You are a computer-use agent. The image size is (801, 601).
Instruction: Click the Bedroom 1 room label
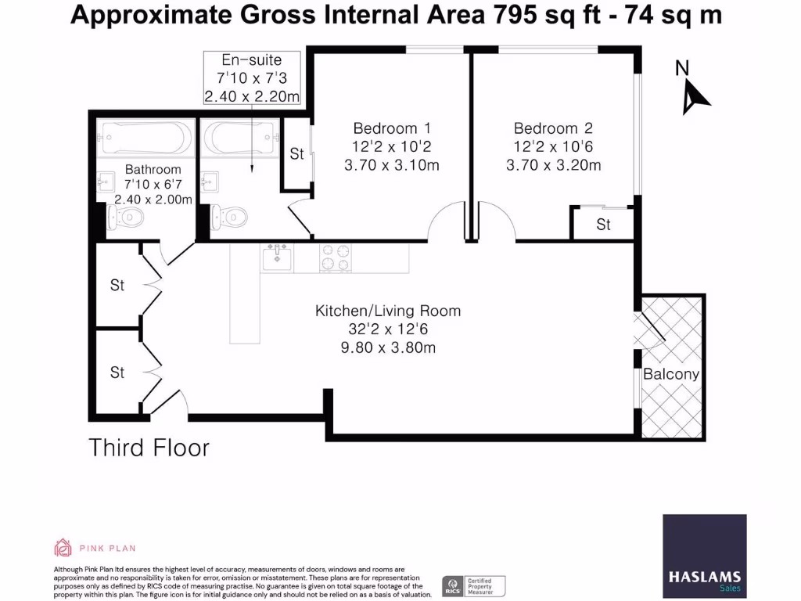pyautogui.click(x=392, y=128)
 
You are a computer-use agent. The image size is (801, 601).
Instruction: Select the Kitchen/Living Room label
pyautogui.click(x=388, y=311)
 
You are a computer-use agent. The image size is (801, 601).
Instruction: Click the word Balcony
pyautogui.click(x=670, y=374)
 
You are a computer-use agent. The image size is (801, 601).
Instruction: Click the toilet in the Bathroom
pyautogui.click(x=130, y=216)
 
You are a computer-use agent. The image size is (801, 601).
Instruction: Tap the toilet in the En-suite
pyautogui.click(x=230, y=215)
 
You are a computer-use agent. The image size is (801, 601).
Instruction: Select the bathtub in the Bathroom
pyautogui.click(x=146, y=139)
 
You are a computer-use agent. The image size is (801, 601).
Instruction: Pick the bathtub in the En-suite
pyautogui.click(x=240, y=139)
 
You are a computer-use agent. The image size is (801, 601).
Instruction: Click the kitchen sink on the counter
pyautogui.click(x=277, y=257)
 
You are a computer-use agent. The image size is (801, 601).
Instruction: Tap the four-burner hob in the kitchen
pyautogui.click(x=335, y=257)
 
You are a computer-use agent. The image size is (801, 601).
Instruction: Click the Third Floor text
pyautogui.click(x=149, y=448)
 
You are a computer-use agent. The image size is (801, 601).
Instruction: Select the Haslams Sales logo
pyautogui.click(x=704, y=556)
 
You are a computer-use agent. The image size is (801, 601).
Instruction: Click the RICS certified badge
pyautogui.click(x=474, y=585)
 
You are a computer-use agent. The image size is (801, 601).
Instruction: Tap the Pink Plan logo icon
pyautogui.click(x=63, y=547)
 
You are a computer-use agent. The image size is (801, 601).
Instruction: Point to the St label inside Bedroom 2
pyautogui.click(x=603, y=225)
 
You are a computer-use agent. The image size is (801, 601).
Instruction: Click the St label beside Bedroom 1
pyautogui.click(x=296, y=154)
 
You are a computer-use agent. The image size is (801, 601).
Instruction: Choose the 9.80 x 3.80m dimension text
pyautogui.click(x=388, y=347)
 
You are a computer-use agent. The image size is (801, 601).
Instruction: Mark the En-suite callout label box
pyautogui.click(x=252, y=77)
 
